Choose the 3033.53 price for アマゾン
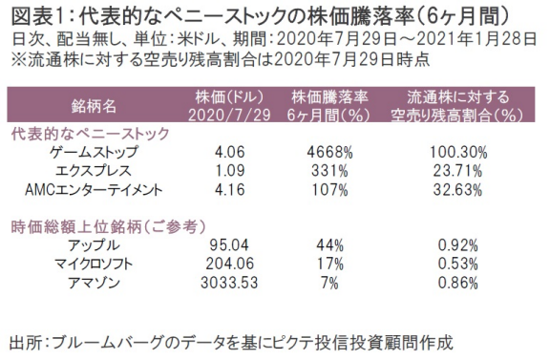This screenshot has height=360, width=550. coord(219,284)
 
